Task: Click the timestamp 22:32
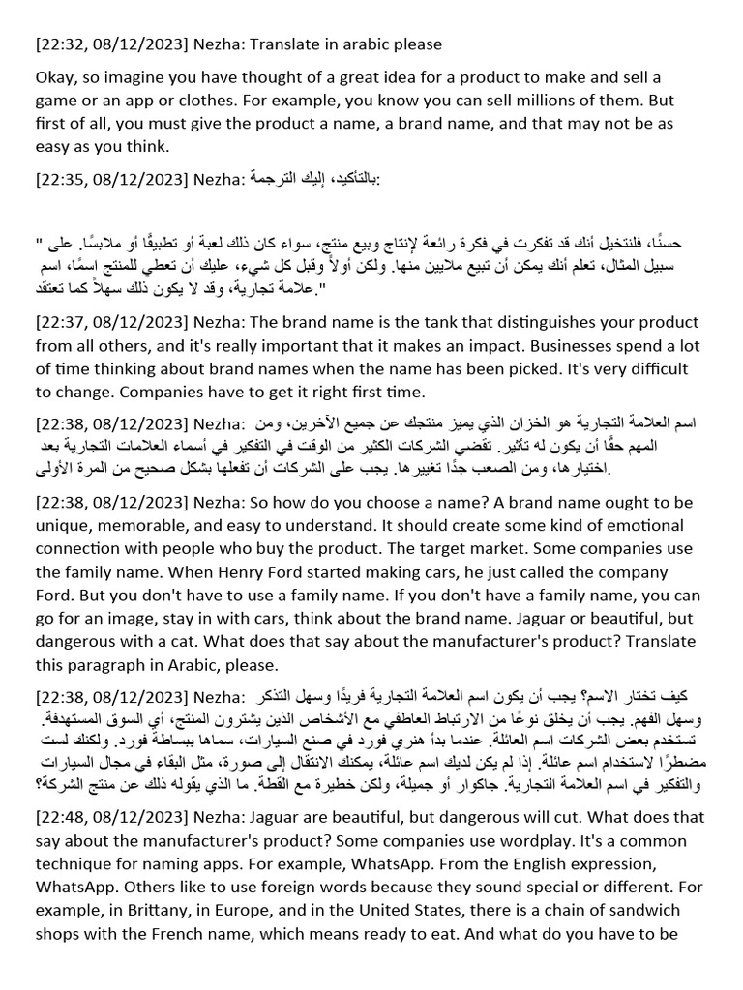[x=60, y=44]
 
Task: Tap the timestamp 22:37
[x=60, y=322]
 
